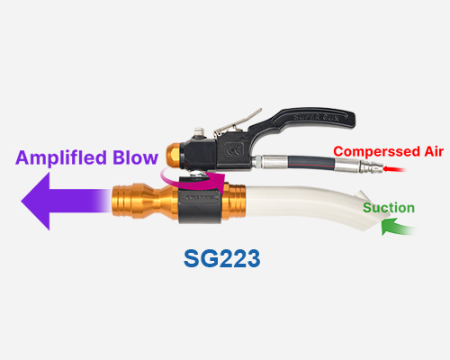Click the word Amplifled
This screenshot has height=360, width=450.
point(61,158)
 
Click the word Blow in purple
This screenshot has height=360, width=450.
point(135,157)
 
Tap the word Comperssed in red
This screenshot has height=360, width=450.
point(376,152)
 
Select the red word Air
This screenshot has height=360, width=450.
point(434,151)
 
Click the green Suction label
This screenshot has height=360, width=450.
point(389,208)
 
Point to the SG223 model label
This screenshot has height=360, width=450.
point(221,258)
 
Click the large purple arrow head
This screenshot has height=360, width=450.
point(35,202)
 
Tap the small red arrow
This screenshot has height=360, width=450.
point(394,169)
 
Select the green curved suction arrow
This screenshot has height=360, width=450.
point(398,227)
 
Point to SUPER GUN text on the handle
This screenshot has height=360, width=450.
point(316,117)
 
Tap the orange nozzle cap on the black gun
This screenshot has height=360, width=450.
point(174,155)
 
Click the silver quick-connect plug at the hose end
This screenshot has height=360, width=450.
point(371,166)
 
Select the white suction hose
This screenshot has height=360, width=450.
point(309,205)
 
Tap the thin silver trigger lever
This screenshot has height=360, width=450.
point(237,122)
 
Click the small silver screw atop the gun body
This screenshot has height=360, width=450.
point(199,132)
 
